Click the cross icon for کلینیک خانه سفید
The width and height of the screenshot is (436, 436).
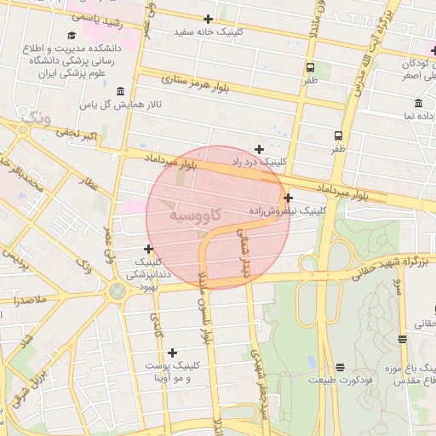pos(208,18)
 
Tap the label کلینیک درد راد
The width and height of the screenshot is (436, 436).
pos(285,161)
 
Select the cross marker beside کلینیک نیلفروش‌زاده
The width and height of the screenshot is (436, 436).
pos(289,198)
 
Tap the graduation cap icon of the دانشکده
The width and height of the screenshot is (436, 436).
pos(71,35)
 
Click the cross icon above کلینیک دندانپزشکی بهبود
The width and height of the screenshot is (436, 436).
pos(149,249)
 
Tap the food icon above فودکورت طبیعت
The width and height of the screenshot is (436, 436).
pos(341,367)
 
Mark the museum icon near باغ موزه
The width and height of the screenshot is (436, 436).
pos(402,339)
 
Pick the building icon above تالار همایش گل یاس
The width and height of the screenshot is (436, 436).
pos(119,91)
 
